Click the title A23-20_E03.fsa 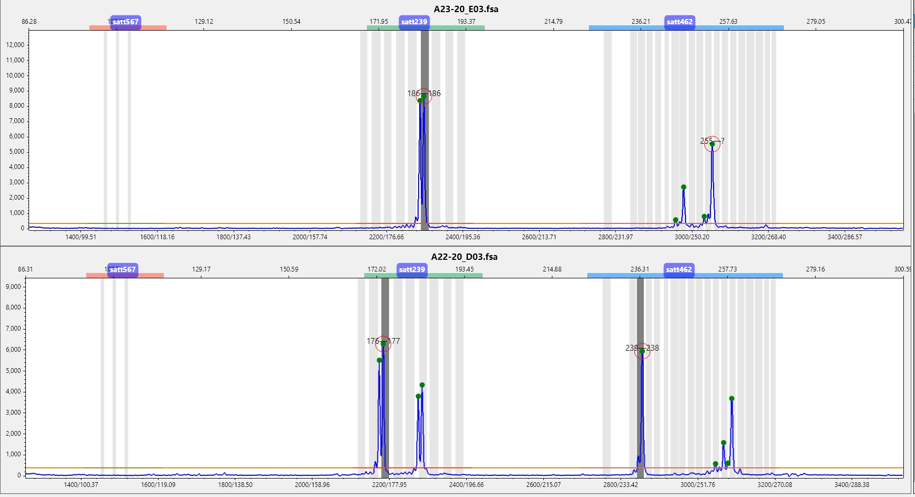point(466,9)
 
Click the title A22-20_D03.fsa point(464,257)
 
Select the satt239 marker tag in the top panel point(414,22)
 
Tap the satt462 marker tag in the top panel point(679,22)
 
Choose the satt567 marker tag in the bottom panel point(122,269)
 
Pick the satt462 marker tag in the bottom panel point(679,269)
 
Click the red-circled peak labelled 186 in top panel point(423,96)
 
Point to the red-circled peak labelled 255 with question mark point(712,144)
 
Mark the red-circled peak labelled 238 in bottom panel point(642,351)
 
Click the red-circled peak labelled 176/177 point(383,344)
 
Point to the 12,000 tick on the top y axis point(15,45)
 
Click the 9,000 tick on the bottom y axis point(13,287)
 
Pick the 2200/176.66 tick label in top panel point(386,237)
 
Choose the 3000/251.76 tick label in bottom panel point(697,485)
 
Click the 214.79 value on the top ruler point(553,22)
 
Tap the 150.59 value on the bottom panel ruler point(289,269)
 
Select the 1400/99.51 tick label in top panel point(81,237)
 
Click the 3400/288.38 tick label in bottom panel point(852,485)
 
